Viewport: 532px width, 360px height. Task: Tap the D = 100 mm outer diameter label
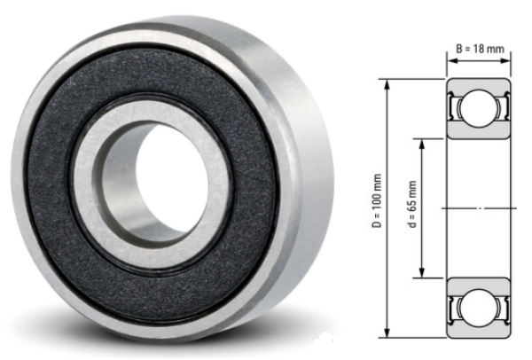pyautogui.click(x=376, y=207)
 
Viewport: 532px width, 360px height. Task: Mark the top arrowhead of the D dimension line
pyautogui.click(x=387, y=82)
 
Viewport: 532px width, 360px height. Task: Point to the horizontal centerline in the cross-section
pyautogui.click(x=479, y=207)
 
